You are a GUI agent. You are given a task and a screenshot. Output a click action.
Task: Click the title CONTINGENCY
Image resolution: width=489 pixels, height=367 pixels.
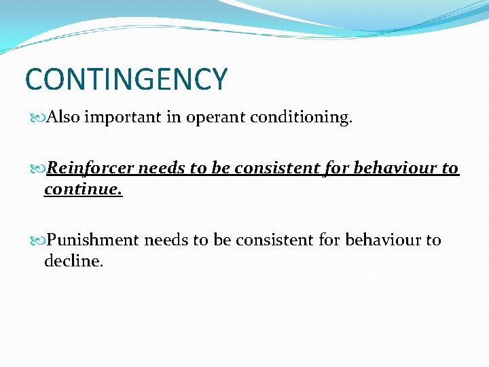point(126,79)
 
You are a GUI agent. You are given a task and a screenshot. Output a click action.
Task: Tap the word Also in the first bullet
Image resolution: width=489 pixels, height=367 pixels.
point(64,117)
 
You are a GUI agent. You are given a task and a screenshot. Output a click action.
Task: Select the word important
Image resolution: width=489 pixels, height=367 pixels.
point(128,117)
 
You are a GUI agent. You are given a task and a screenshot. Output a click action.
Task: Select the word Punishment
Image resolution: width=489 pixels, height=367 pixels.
point(94,240)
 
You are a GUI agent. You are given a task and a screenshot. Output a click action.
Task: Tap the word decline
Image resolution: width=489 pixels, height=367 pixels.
point(73,261)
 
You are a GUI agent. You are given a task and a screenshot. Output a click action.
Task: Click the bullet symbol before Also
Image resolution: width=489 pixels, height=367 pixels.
point(39,118)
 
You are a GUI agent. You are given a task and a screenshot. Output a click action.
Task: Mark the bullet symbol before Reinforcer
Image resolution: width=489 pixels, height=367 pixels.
point(39,169)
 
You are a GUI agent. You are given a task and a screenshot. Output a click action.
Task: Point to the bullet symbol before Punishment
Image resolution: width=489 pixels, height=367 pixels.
point(39,241)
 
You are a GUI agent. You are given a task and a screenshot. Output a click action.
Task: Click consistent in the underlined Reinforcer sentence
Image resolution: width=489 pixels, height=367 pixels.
point(273,168)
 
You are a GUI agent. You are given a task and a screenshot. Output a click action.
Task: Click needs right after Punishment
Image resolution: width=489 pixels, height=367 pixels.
point(164,240)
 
